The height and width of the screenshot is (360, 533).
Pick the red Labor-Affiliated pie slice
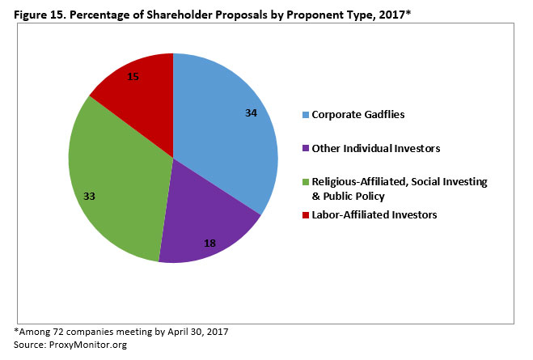click(x=137, y=89)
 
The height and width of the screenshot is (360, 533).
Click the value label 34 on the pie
click(x=251, y=113)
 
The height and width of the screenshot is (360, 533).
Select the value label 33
click(x=91, y=196)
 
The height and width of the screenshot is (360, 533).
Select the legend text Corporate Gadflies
click(x=358, y=115)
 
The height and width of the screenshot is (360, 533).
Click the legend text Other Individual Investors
click(x=377, y=150)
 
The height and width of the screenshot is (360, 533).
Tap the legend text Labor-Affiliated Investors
click(x=376, y=214)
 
